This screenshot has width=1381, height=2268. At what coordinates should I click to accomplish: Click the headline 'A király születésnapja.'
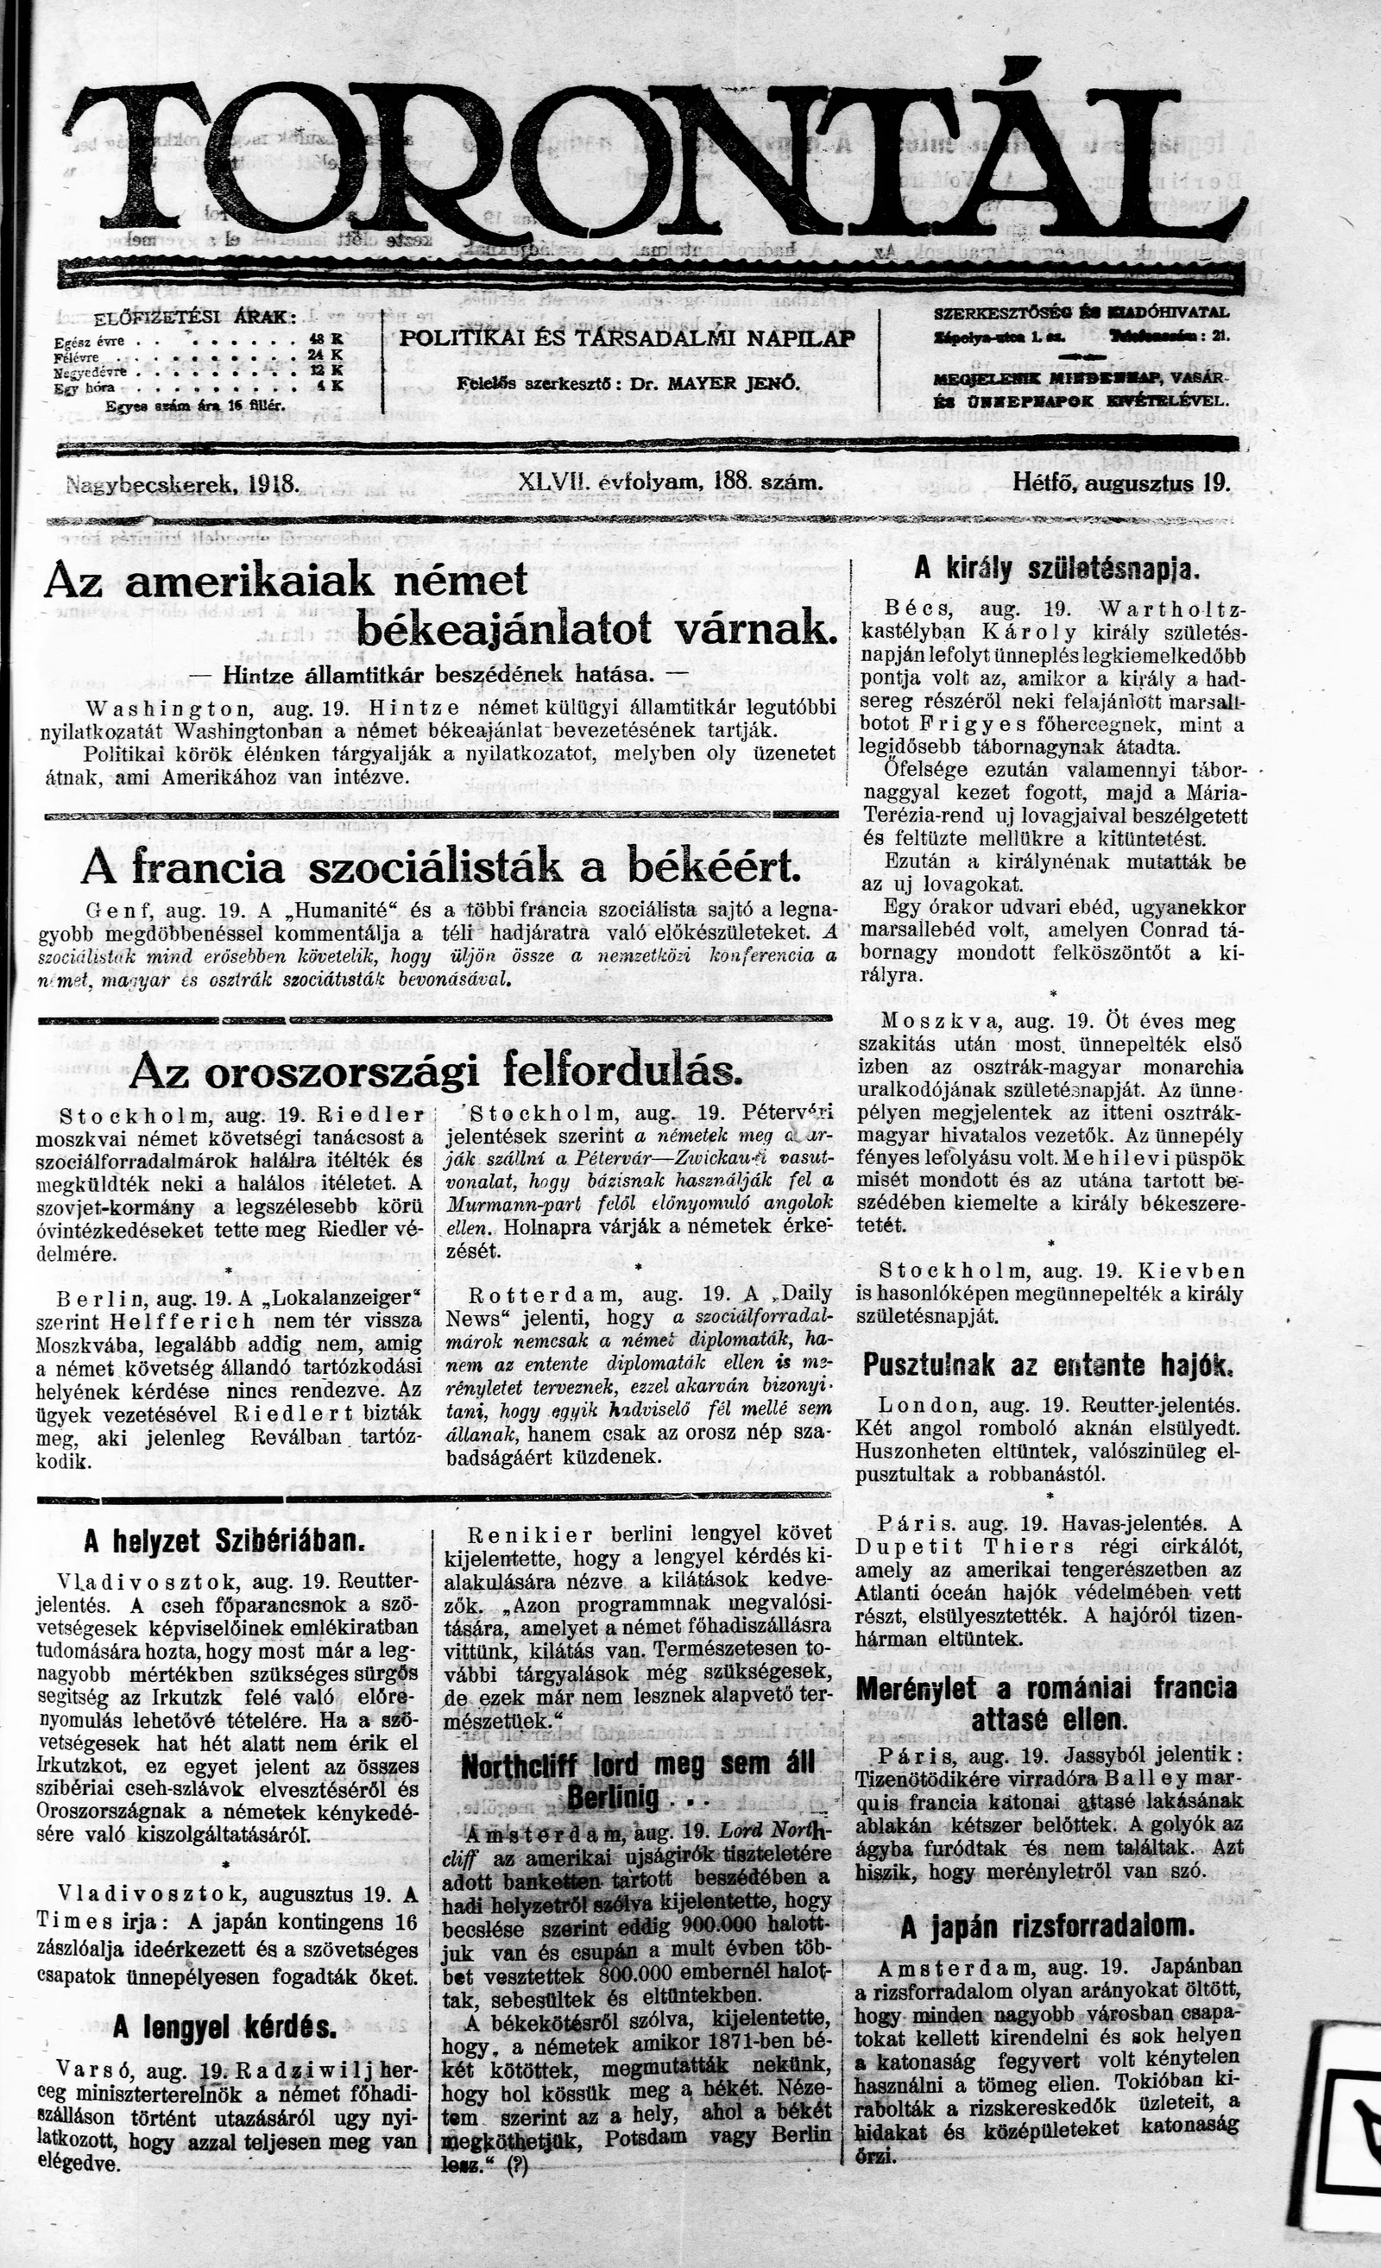pyautogui.click(x=1056, y=569)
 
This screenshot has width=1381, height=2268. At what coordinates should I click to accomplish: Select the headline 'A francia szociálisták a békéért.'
pyautogui.click(x=440, y=866)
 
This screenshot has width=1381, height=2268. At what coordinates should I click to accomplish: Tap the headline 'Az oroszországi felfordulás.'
pyautogui.click(x=436, y=1070)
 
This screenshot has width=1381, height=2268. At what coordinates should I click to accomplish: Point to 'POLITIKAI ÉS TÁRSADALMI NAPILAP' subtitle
pyautogui.click(x=627, y=337)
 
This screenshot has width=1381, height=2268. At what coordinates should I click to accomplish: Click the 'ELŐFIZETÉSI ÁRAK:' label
pyautogui.click(x=194, y=318)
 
